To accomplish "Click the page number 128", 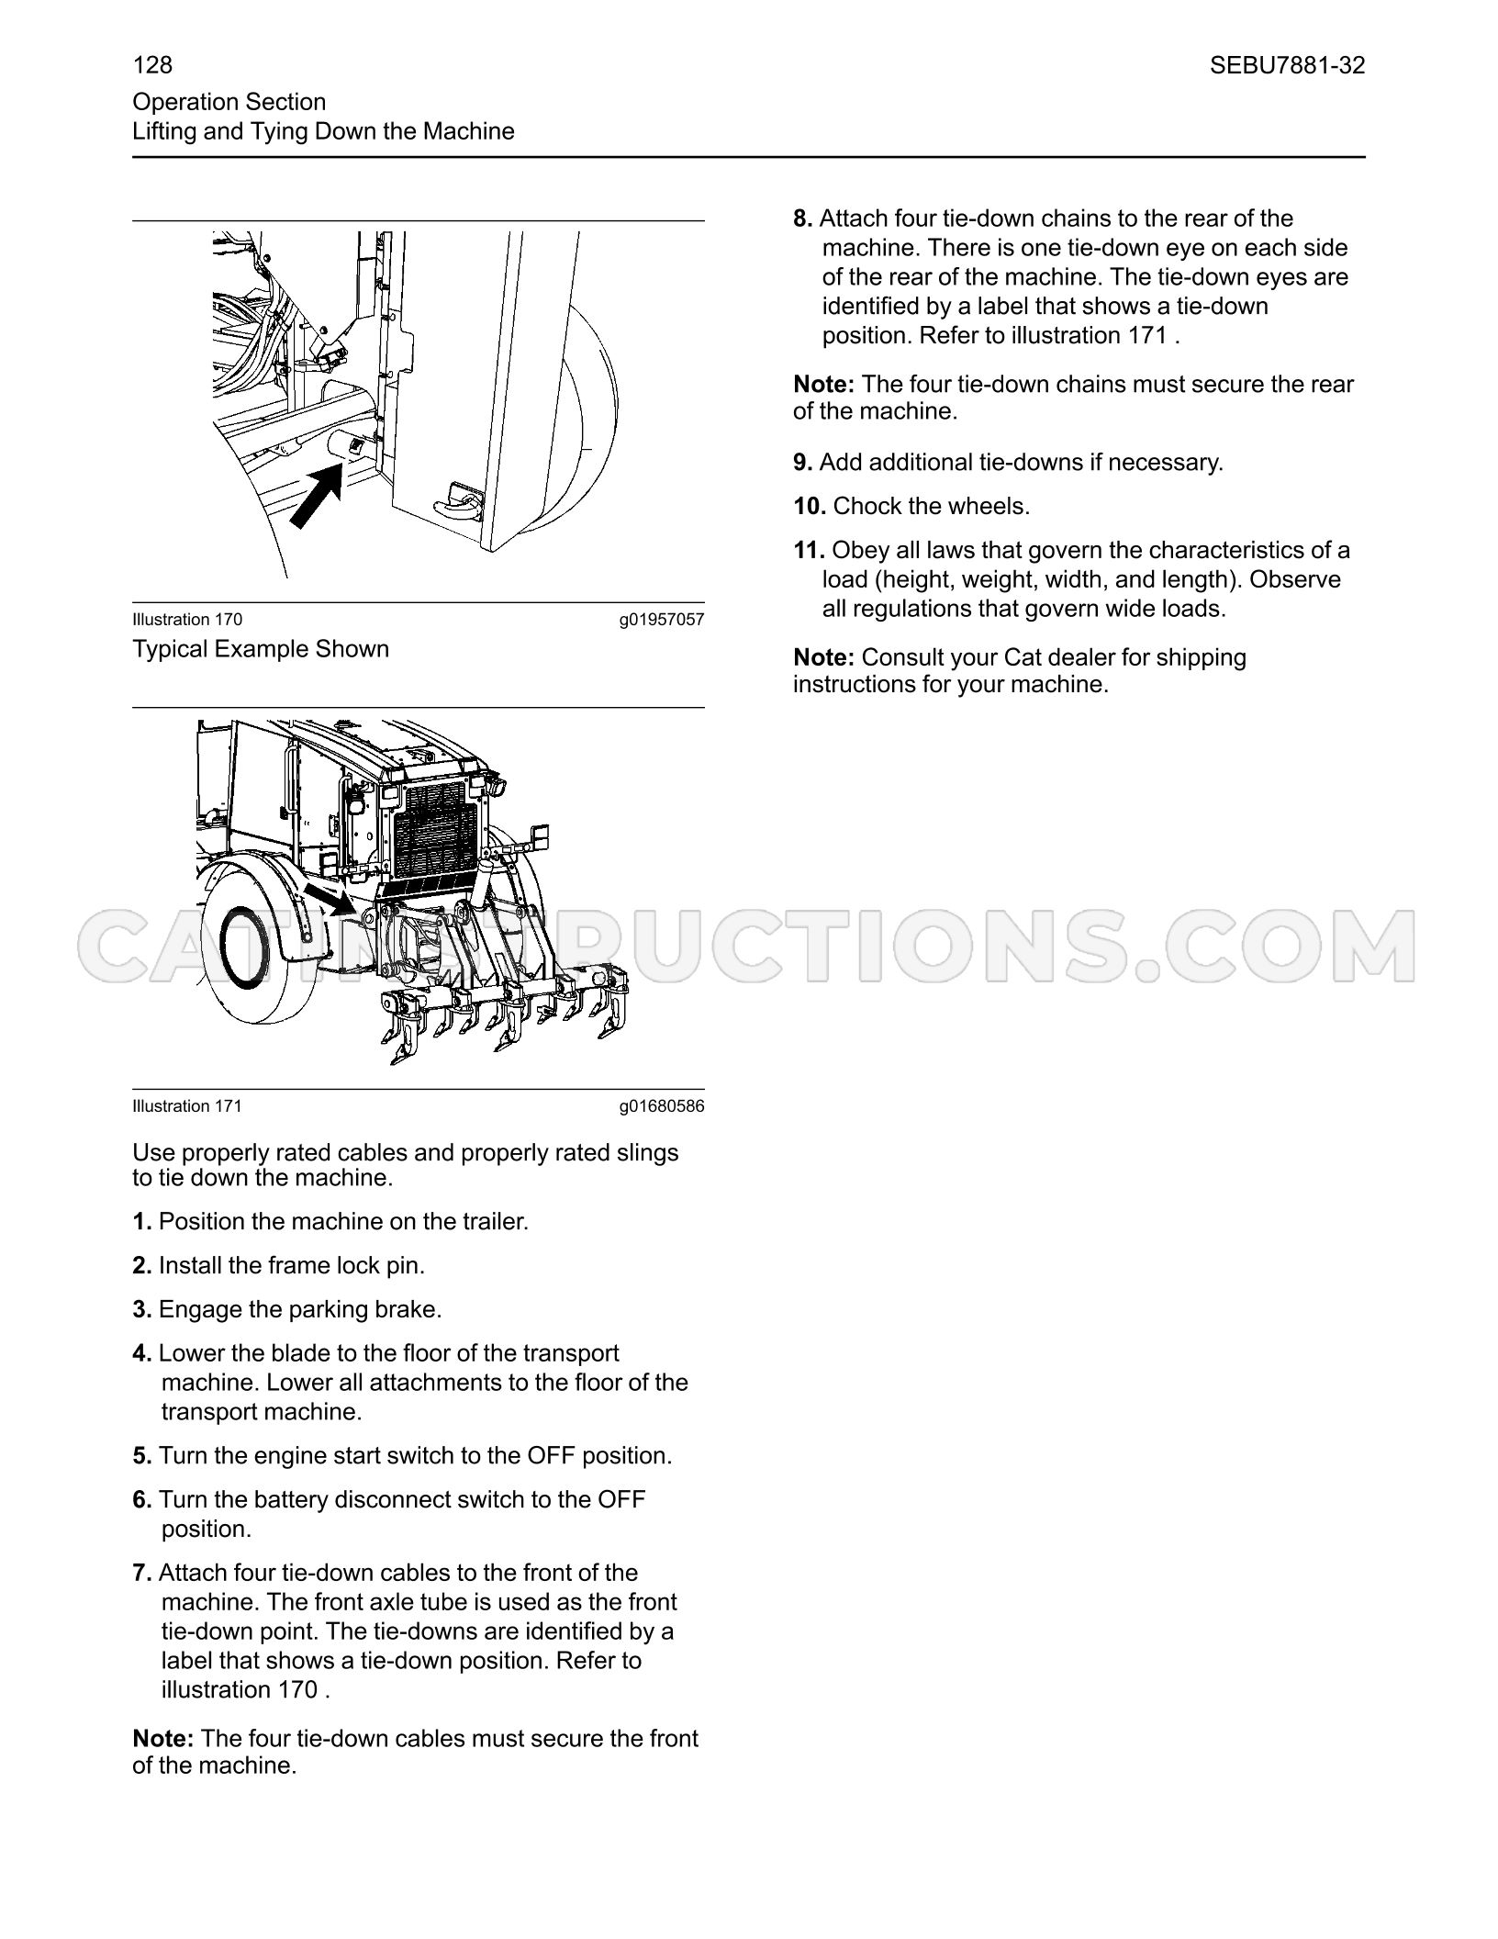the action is [x=152, y=65].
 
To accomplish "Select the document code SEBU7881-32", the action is [x=1287, y=65].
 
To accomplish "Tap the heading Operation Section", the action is [x=229, y=102].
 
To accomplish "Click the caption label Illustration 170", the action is [x=187, y=620].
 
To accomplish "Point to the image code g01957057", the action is [x=662, y=620].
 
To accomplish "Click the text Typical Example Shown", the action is [x=261, y=649].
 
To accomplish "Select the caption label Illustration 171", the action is [x=187, y=1106].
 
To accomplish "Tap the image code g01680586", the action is [x=662, y=1106].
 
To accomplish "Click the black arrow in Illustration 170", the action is [x=317, y=497].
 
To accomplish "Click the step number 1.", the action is [x=141, y=1222].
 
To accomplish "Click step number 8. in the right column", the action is [x=803, y=219].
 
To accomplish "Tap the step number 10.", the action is [x=810, y=506].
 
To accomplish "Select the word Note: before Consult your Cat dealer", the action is [x=824, y=657].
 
